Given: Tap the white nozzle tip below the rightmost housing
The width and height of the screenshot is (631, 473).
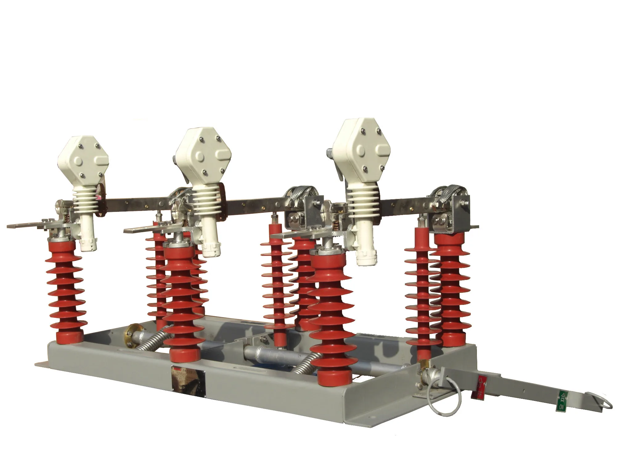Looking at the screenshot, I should coord(367,257).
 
